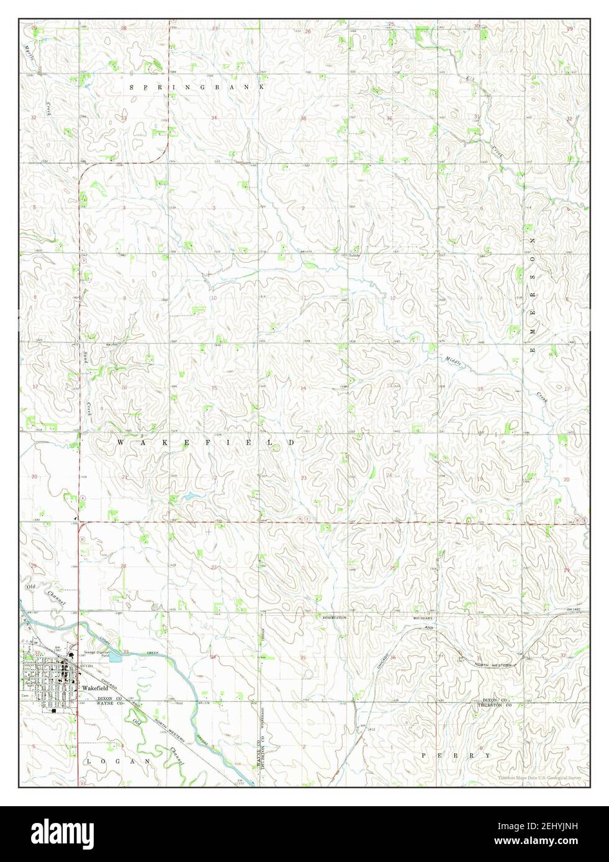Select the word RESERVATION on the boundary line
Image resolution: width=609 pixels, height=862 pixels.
(x=334, y=618)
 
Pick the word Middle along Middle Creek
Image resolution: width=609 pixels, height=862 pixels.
(x=454, y=362)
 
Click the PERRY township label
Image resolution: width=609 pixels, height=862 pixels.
(x=455, y=756)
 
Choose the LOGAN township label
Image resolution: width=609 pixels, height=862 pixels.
(x=118, y=760)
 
